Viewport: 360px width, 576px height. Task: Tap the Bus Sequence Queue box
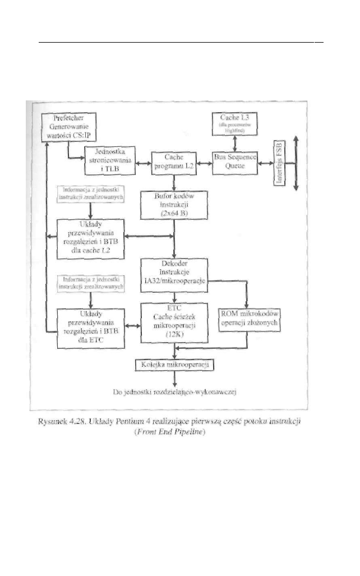click(x=234, y=162)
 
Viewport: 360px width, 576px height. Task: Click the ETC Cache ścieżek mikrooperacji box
click(x=174, y=321)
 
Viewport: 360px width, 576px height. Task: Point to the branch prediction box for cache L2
click(x=91, y=238)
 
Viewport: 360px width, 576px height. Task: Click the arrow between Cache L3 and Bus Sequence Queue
click(x=234, y=143)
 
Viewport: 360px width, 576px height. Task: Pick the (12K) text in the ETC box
click(x=174, y=334)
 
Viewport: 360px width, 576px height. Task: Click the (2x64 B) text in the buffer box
click(x=174, y=214)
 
